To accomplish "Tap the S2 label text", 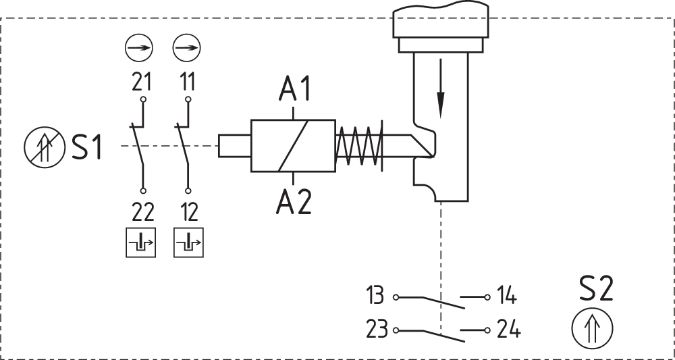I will (x=596, y=290).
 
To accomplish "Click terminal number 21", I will (x=141, y=82).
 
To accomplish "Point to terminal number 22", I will (x=142, y=212).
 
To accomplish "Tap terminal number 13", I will (x=375, y=296).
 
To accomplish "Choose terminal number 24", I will (x=508, y=330).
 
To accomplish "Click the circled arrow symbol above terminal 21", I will (x=140, y=49).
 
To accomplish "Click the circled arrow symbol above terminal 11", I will (x=187, y=49).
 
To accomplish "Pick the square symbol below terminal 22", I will (x=141, y=243).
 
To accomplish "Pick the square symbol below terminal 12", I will (x=188, y=243).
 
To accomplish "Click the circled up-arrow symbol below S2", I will (x=592, y=329).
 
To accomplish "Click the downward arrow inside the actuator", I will (x=440, y=88).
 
